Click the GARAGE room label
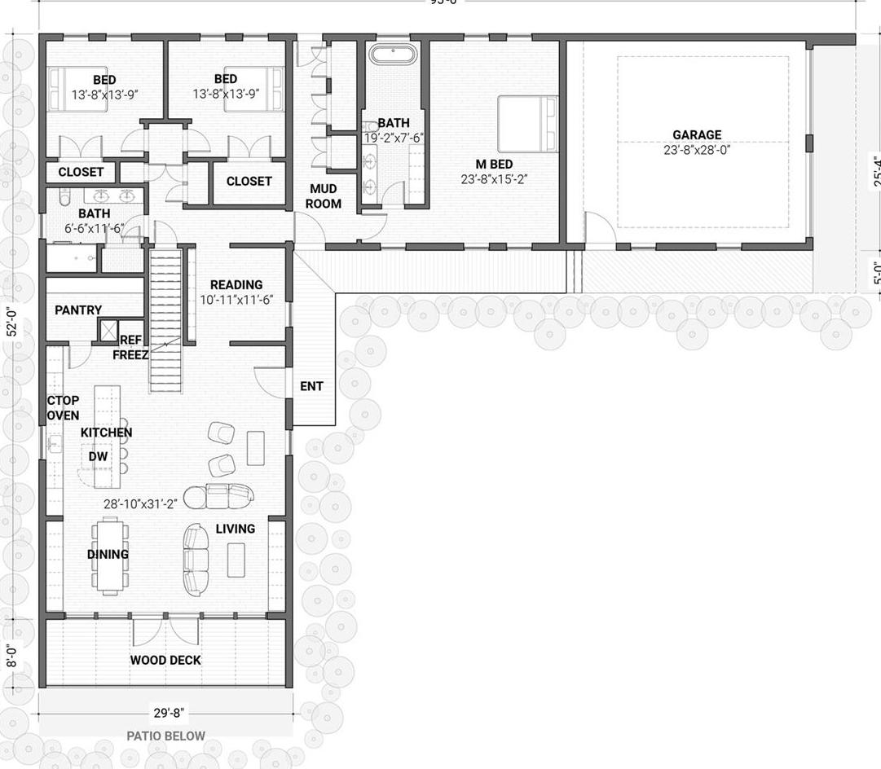click(696, 135)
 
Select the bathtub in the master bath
click(393, 55)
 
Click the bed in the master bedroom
click(527, 124)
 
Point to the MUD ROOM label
click(324, 196)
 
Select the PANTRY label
click(78, 310)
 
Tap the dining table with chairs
click(109, 555)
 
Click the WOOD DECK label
click(165, 660)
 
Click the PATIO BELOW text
click(165, 736)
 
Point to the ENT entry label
click(311, 386)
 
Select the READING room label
click(236, 285)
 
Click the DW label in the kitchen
click(98, 457)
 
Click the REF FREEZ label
click(130, 348)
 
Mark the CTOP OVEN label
click(63, 408)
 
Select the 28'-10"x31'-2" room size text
click(140, 504)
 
